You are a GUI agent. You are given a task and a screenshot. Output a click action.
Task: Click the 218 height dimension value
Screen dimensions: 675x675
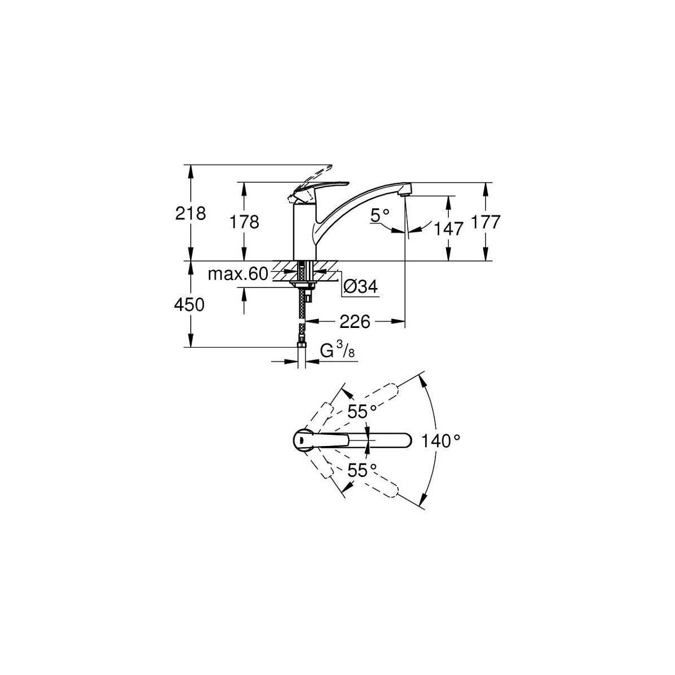(190, 213)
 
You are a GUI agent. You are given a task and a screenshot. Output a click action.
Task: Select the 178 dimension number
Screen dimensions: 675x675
(244, 222)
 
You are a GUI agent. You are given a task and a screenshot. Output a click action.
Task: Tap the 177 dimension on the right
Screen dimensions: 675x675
(485, 222)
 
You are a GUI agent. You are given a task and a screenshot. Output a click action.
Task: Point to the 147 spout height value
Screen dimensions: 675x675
(448, 229)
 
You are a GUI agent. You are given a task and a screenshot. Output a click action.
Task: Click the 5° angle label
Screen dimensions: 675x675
(380, 215)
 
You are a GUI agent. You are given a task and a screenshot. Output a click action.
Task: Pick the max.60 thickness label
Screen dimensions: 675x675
(237, 274)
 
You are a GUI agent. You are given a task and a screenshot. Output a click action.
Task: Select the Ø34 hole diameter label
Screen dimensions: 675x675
(361, 287)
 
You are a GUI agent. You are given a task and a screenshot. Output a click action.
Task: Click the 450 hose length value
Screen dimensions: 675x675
(189, 304)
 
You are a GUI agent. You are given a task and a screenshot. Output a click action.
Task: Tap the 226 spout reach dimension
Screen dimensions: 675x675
(354, 322)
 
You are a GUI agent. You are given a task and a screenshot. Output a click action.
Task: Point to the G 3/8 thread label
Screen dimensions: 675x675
(338, 350)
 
